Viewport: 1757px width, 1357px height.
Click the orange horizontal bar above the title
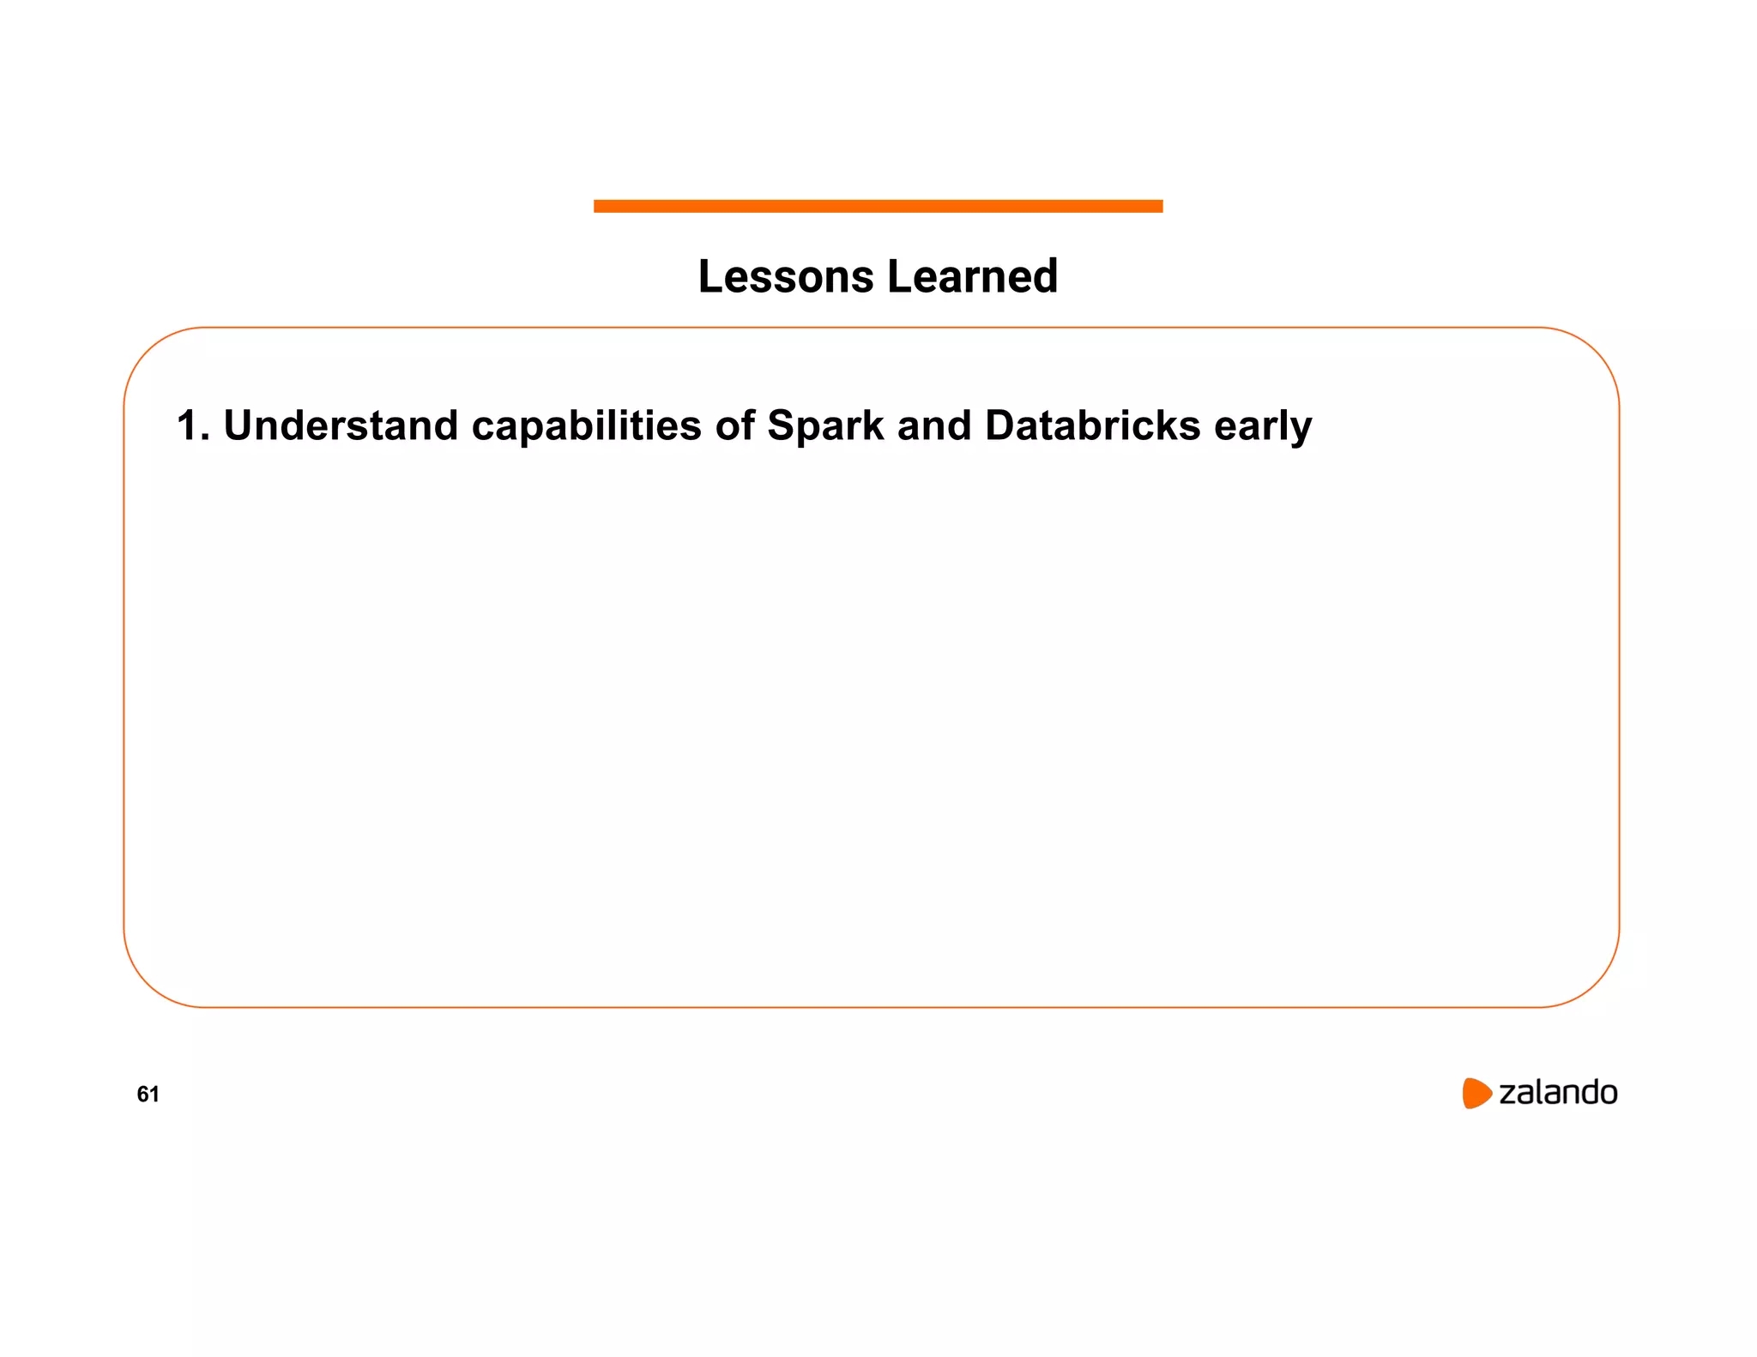[x=878, y=206]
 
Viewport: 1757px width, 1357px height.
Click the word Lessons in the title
[x=786, y=276]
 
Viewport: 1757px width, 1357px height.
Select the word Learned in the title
[x=972, y=276]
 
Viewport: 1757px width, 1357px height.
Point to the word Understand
[x=341, y=425]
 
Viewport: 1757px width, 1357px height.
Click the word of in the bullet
[x=734, y=425]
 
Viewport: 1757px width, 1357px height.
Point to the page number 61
[x=148, y=1094]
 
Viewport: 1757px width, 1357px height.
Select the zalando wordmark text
[x=1557, y=1093]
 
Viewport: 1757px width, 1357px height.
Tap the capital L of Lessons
[x=710, y=276]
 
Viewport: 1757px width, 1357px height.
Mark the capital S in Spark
[x=780, y=425]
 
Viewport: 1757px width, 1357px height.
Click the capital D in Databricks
[x=999, y=425]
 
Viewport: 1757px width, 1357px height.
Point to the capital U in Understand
[x=238, y=425]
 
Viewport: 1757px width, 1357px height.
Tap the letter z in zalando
[x=1507, y=1095]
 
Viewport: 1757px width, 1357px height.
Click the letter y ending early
[x=1301, y=429]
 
